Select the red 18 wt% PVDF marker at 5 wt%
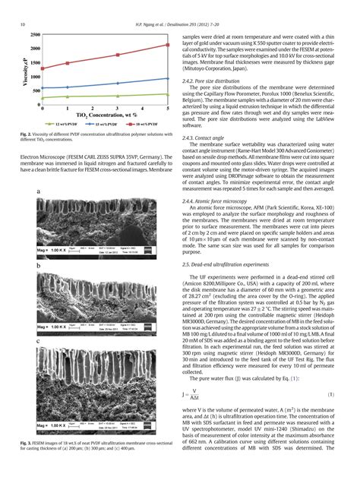tap(166, 46)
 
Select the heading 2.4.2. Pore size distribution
tap(214, 80)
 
